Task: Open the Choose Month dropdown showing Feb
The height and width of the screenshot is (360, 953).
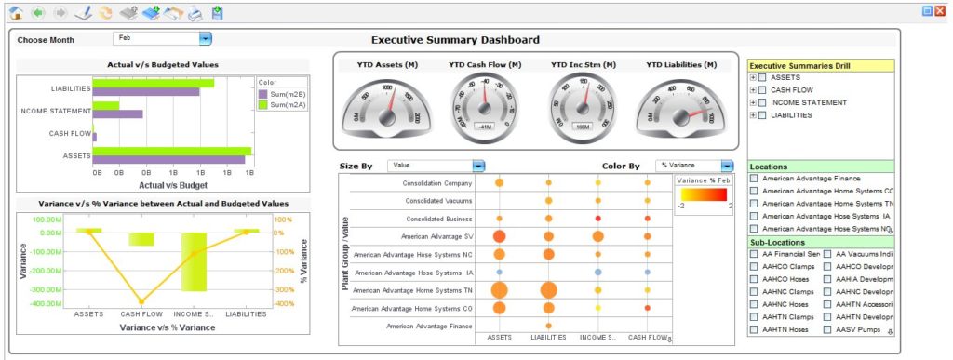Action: click(x=206, y=38)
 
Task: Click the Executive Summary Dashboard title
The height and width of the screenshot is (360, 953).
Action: click(x=455, y=40)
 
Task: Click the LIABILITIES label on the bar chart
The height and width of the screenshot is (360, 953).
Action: click(x=71, y=89)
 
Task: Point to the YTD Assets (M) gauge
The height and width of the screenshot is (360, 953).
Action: click(x=386, y=104)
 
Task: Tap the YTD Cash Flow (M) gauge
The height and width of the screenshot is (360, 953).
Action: click(x=484, y=103)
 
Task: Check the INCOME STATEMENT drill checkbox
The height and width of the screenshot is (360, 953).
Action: click(x=762, y=102)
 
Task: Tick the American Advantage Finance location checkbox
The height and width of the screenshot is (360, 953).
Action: click(x=755, y=178)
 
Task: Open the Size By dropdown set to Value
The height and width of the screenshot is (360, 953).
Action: click(x=478, y=166)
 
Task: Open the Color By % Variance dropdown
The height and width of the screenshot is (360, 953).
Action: click(x=727, y=166)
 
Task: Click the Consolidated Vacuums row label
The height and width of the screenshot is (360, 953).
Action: click(x=439, y=200)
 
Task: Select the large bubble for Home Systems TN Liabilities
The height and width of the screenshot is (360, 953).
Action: click(x=548, y=291)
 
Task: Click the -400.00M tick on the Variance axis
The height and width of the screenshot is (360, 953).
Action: click(x=47, y=303)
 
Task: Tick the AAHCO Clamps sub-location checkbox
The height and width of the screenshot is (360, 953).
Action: click(x=755, y=266)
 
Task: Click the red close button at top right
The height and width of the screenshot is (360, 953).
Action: click(x=940, y=11)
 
